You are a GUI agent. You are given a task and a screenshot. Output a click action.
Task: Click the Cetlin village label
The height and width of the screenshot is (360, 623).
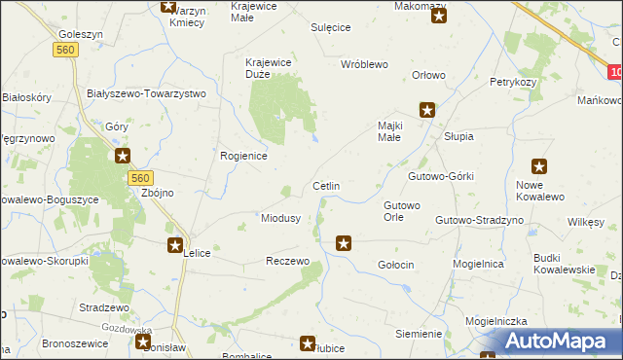pos(325,185)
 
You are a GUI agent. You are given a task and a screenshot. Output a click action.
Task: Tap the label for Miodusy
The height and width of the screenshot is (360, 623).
pos(280,218)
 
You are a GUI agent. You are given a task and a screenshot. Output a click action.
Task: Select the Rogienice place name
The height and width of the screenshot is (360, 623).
pos(244,155)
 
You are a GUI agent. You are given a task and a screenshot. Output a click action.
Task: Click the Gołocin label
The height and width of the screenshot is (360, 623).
pos(396,265)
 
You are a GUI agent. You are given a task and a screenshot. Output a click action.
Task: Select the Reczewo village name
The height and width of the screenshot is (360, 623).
pos(288,262)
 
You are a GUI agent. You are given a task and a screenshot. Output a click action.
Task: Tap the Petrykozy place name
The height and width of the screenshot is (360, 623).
pos(514,82)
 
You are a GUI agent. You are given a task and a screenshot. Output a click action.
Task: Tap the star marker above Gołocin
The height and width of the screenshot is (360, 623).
pos(343,242)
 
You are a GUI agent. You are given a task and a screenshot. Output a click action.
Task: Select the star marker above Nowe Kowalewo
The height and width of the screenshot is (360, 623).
pos(538,166)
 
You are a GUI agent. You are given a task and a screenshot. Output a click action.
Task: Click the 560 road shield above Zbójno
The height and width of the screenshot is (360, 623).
pos(141,177)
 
